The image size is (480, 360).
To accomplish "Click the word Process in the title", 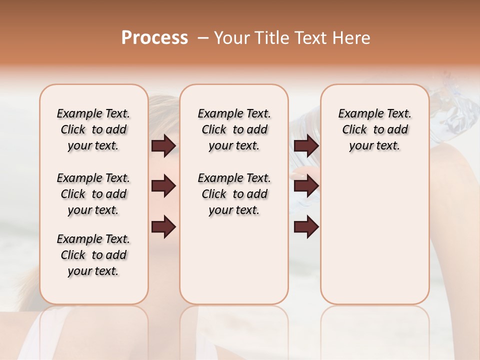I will click(154, 38).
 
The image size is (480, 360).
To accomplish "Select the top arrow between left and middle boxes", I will click(163, 145).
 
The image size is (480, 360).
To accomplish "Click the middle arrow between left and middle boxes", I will click(163, 186).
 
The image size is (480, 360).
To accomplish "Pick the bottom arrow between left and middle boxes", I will click(163, 227).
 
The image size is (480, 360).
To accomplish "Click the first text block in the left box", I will click(93, 129).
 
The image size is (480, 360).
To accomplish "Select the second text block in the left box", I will click(93, 194).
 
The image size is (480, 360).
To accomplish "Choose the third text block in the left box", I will click(93, 255).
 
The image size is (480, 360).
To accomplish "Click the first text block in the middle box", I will click(234, 129).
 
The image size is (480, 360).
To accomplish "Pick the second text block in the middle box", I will click(234, 194).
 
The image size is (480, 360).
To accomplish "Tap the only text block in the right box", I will click(374, 129).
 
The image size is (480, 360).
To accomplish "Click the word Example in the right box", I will click(357, 114).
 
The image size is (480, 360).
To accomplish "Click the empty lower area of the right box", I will click(374, 235).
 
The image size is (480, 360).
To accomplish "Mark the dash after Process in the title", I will click(202, 38).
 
